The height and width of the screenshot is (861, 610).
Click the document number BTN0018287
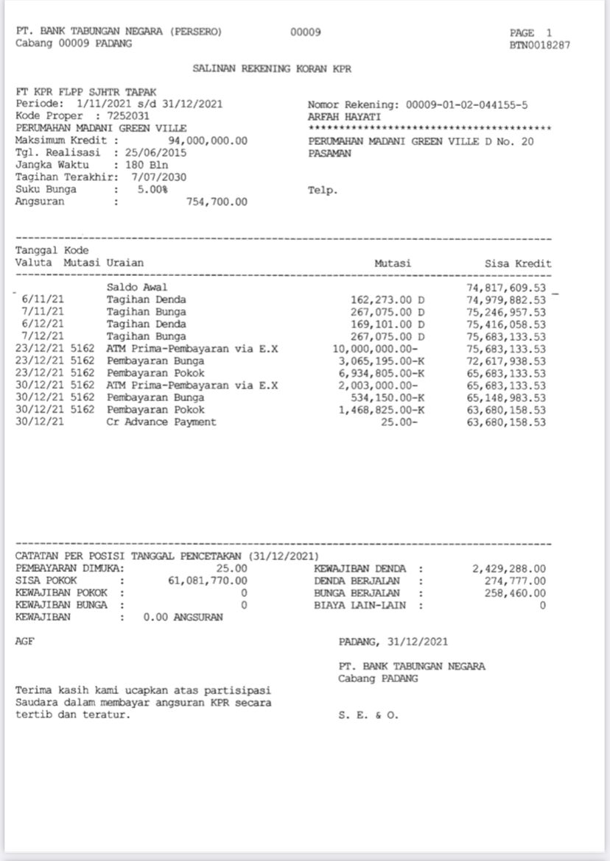540,45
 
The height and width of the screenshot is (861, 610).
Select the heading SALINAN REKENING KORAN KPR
272,68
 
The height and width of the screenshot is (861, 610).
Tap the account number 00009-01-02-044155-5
466,104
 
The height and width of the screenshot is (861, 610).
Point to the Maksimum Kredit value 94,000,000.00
208,141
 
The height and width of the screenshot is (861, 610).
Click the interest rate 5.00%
152,189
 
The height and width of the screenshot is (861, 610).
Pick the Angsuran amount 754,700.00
217,202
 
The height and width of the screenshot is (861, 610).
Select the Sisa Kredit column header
518,263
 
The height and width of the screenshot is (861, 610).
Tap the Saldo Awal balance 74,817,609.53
507,287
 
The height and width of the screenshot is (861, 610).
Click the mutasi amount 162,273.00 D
390,300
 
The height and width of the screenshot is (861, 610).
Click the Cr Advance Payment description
161,422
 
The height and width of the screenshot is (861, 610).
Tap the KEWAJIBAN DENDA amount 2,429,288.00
508,569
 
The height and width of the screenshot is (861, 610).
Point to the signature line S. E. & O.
368,715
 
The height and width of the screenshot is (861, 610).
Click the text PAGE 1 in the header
530,33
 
